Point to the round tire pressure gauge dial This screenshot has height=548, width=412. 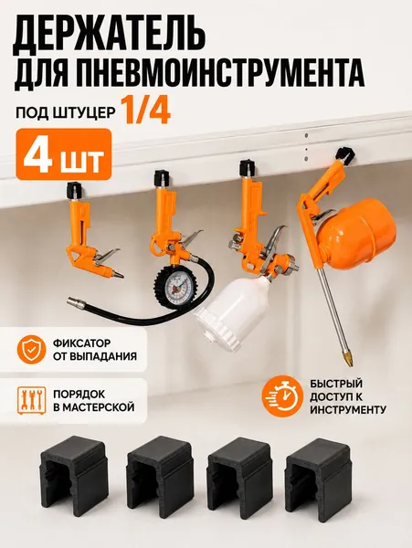coord(174,287)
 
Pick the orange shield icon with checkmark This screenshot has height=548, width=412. coord(31,350)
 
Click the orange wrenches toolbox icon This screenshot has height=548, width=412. coord(31,401)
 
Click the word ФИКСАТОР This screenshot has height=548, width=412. coord(81,342)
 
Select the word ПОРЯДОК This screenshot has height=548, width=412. coord(79,394)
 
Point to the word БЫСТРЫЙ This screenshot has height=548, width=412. coord(336,384)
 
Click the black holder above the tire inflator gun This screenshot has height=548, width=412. coord(162,177)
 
